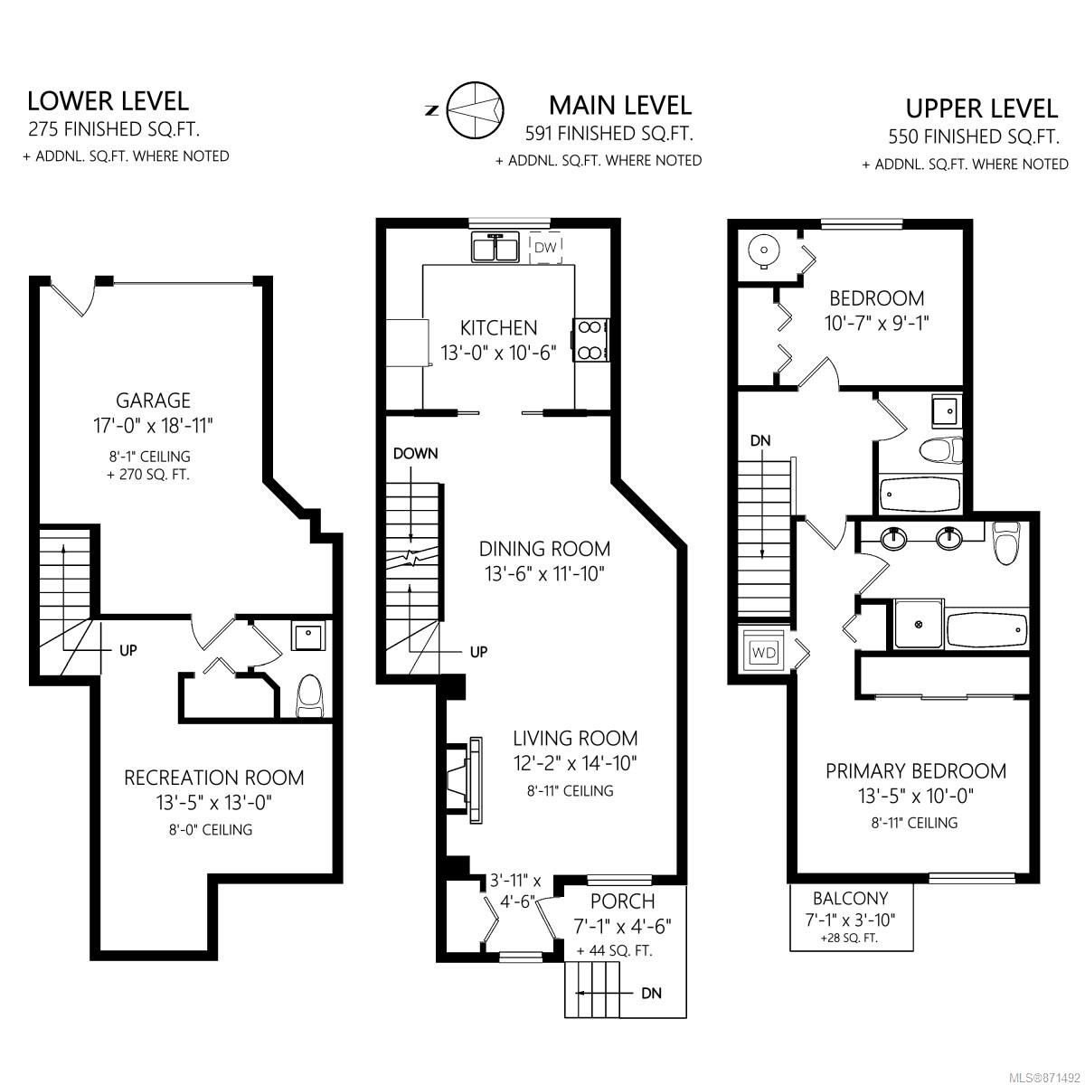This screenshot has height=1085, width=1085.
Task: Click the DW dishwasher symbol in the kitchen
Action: pos(545,247)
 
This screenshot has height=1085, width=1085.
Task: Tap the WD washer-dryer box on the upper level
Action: pos(763,653)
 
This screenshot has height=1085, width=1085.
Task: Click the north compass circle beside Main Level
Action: pos(476,109)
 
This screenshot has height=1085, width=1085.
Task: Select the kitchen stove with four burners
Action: pos(590,340)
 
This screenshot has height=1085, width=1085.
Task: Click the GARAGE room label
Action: pos(153,401)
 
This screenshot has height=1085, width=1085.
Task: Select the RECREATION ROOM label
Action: pos(214,778)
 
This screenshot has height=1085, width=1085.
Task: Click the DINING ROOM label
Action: pos(544,549)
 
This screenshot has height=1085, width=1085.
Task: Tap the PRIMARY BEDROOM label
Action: pos(916,771)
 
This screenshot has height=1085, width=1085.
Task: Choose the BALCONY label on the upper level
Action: pos(850,898)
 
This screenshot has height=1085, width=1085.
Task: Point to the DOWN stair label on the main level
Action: pos(416,453)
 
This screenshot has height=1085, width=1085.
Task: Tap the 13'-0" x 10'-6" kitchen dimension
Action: pos(498,353)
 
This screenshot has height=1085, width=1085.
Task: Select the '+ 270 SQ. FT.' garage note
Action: pos(148,475)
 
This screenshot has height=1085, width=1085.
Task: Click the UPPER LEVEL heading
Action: pos(981,108)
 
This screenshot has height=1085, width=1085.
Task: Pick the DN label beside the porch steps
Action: pos(651,993)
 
